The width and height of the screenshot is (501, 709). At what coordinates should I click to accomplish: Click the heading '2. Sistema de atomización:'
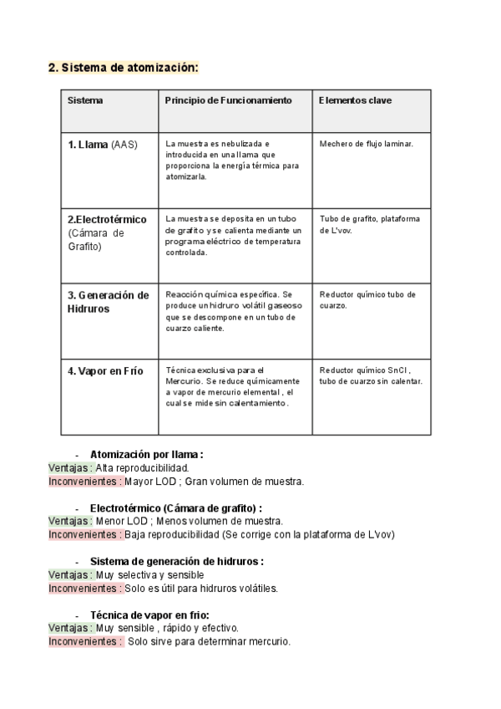pyautogui.click(x=124, y=69)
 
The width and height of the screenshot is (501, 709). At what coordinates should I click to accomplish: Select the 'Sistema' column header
pyautogui.click(x=85, y=100)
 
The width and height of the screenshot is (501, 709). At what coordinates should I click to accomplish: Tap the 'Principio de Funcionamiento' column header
pyautogui.click(x=228, y=100)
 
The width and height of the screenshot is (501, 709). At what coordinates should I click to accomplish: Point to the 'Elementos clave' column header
pyautogui.click(x=355, y=100)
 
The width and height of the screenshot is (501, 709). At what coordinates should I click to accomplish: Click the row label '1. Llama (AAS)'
pyautogui.click(x=103, y=144)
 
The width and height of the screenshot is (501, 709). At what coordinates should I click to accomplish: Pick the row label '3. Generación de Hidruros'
pyautogui.click(x=108, y=301)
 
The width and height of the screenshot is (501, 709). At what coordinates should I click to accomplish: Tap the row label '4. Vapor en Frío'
pyautogui.click(x=103, y=370)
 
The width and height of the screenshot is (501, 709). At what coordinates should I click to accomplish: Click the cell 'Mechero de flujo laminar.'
pyautogui.click(x=367, y=143)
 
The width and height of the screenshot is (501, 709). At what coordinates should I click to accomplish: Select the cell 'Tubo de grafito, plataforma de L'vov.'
pyautogui.click(x=369, y=224)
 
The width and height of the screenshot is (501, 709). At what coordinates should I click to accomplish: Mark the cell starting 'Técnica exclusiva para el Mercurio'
pyautogui.click(x=230, y=385)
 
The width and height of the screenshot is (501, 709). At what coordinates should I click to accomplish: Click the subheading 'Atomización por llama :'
pyautogui.click(x=147, y=455)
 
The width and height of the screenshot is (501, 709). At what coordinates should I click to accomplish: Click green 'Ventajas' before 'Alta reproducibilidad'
pyautogui.click(x=70, y=468)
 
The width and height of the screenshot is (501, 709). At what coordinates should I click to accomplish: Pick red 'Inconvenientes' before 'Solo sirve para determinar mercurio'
pyautogui.click(x=85, y=641)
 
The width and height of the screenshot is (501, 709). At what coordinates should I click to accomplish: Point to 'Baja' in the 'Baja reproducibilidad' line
pyautogui.click(x=136, y=534)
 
